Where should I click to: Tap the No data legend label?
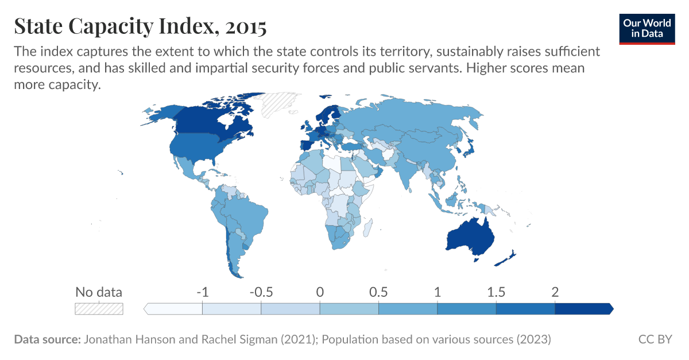[99, 292]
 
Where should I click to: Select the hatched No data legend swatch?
[99, 308]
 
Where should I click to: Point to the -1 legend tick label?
[202, 292]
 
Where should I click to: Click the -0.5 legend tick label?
[261, 292]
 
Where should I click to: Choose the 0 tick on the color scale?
[320, 292]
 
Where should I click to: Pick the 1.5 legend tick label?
[496, 292]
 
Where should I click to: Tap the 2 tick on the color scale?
[555, 292]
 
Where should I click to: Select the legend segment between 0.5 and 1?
[408, 309]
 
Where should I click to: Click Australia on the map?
[469, 234]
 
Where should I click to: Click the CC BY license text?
[655, 339]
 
